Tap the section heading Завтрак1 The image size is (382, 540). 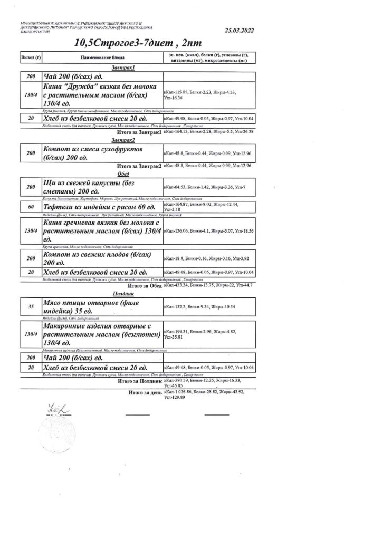124,68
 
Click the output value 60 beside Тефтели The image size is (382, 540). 30,207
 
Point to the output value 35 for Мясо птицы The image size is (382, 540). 30,306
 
